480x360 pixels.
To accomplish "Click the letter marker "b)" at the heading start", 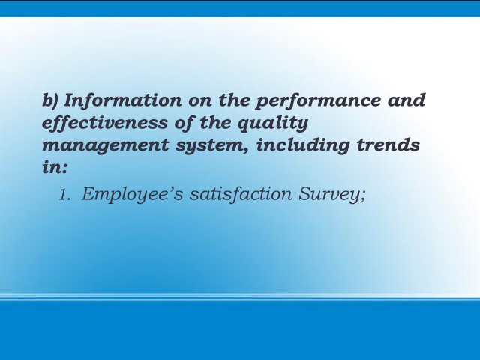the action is point(49,100).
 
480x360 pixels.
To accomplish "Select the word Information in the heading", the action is point(122,100).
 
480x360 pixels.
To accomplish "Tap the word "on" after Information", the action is point(199,103).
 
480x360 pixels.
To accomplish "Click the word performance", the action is point(318,102).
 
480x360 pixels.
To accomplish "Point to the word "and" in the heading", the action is point(406,100).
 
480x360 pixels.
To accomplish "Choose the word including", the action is point(302,146).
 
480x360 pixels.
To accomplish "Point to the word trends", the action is point(388,145).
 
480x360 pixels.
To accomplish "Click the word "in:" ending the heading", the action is point(55,167).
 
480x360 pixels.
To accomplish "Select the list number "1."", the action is point(65,195).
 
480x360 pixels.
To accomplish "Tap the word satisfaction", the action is point(241,194).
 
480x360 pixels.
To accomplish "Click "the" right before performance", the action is point(234,100).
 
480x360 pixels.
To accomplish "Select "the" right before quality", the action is point(215,123).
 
